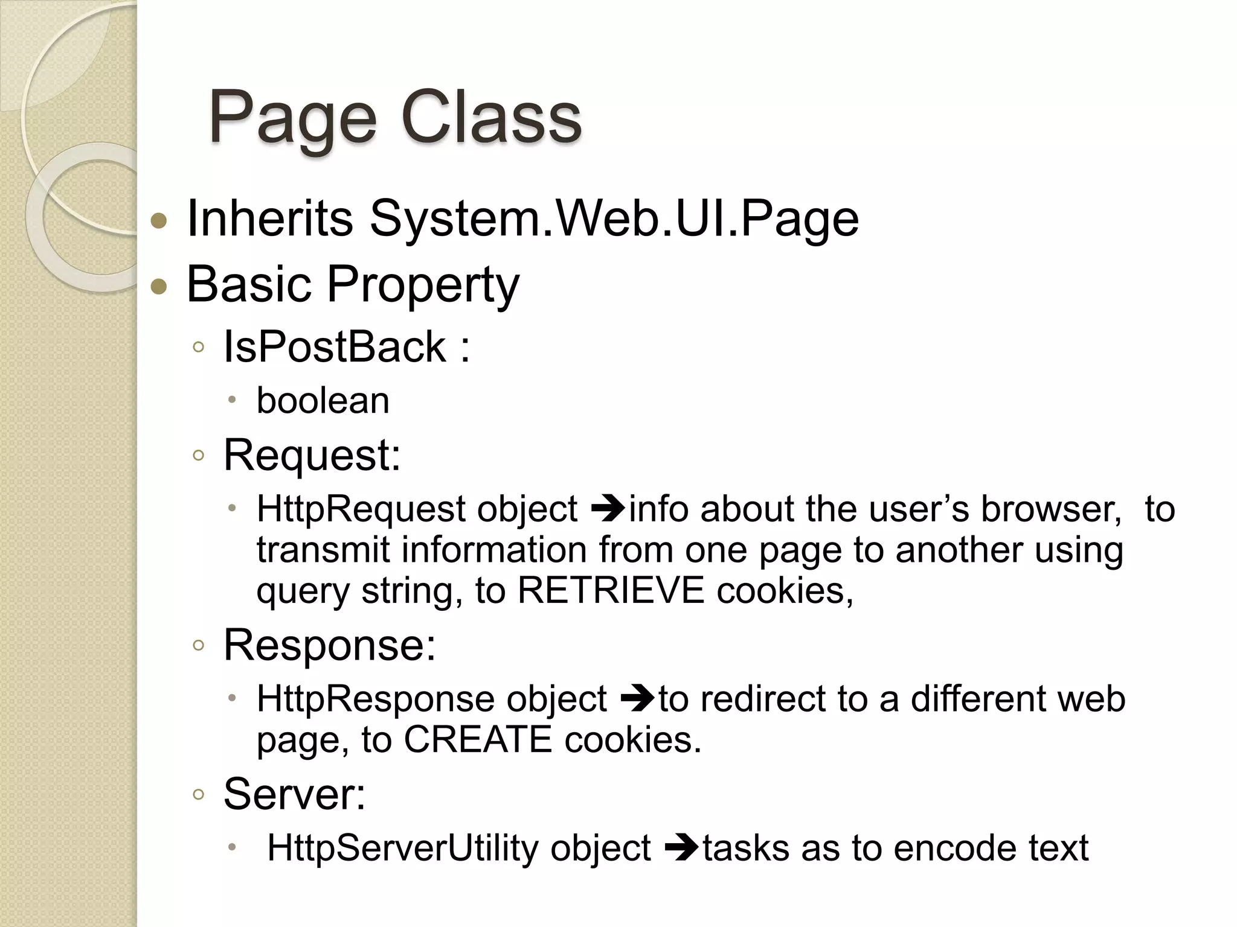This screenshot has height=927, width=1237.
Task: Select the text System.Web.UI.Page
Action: [x=614, y=218]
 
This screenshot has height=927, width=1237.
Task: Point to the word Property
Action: [x=423, y=285]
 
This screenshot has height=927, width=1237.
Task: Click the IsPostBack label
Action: [x=335, y=347]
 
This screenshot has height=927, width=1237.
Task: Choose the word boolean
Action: [x=323, y=401]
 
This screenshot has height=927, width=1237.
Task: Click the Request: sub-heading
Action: [x=312, y=455]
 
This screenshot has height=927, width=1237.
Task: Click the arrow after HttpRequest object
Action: [x=608, y=509]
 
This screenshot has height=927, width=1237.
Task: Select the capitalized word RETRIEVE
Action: [x=611, y=590]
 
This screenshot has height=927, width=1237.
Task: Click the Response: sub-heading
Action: [x=329, y=645]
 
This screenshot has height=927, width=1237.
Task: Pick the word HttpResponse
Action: [x=375, y=699]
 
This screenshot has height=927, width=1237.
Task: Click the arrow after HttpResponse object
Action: [x=637, y=699]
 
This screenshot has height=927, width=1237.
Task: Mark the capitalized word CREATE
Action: [x=477, y=740]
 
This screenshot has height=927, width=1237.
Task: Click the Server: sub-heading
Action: [x=294, y=794]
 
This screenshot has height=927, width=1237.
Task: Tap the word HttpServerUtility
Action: [x=402, y=848]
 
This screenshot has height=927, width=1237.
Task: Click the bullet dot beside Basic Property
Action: [x=159, y=286]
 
